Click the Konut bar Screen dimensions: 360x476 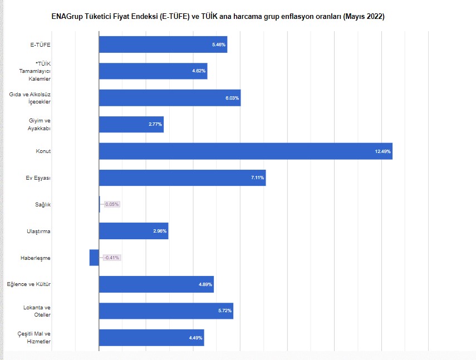[245, 151]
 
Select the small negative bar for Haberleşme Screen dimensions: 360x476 [94, 258]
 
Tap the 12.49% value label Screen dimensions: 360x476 [383, 151]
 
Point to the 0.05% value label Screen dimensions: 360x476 [112, 204]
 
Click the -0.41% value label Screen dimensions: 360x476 [112, 258]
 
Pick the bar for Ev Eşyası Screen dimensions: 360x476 [182, 177]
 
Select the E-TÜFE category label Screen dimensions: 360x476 [41, 45]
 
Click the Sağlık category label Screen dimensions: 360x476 [43, 204]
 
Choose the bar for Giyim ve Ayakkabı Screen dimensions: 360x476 [131, 125]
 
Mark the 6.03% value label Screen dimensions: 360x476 [232, 98]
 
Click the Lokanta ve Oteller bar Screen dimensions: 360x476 [166, 311]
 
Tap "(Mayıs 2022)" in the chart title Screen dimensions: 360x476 [364, 17]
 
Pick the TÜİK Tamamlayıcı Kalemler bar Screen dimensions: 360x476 [153, 71]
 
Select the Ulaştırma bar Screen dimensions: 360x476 [134, 231]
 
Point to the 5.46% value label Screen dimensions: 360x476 [219, 45]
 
